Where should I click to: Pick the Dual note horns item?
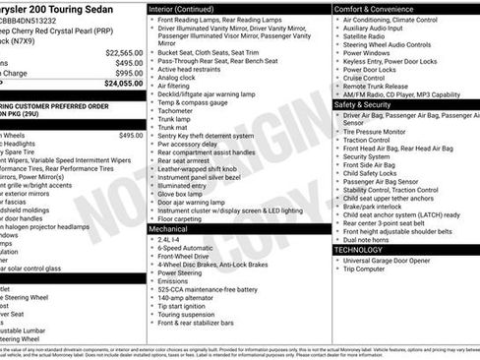373,239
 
